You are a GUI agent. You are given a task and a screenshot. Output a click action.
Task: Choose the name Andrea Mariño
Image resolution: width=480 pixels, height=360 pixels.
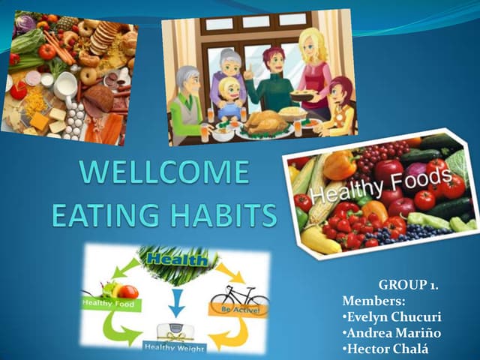[387, 334]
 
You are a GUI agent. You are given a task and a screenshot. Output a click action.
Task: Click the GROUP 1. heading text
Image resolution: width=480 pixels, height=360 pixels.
[408, 285]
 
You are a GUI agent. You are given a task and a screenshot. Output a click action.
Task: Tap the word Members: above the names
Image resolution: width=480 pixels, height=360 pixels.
[369, 301]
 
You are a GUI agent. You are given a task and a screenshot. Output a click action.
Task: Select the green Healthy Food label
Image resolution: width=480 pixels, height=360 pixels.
[110, 304]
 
